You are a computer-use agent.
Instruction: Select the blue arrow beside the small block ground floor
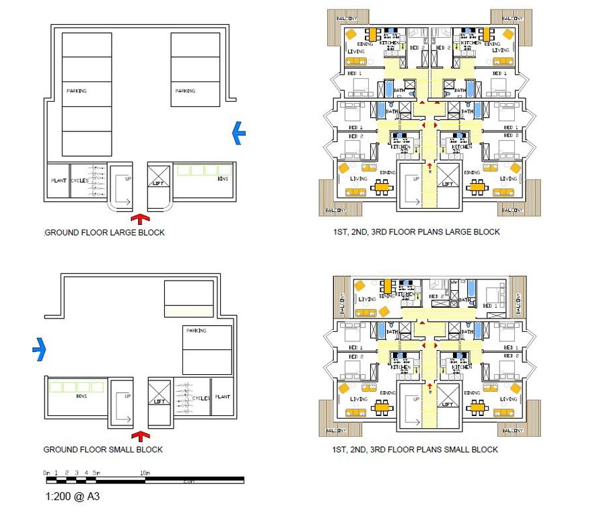tap(39, 349)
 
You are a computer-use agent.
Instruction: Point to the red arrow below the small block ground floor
tap(140, 436)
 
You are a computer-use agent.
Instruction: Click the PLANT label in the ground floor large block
tap(59, 181)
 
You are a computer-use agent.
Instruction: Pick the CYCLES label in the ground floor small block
tap(201, 398)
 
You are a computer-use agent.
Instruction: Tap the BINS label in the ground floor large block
tap(223, 180)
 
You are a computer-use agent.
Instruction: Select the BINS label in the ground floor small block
tap(82, 397)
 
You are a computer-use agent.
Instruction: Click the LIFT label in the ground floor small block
tap(160, 401)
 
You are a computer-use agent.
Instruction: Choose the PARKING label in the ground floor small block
tap(197, 331)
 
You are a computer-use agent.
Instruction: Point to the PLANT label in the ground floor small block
tap(221, 397)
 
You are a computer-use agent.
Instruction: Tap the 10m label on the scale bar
tap(145, 473)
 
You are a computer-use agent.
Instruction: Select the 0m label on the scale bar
tap(46, 473)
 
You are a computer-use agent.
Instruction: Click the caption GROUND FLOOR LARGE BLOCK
tap(104, 233)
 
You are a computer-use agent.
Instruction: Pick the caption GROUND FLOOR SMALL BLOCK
tap(103, 450)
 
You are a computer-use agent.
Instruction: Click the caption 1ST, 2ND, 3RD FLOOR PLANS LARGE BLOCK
tap(415, 232)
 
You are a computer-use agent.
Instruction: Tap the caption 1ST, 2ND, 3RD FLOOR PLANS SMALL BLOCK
tap(415, 450)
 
